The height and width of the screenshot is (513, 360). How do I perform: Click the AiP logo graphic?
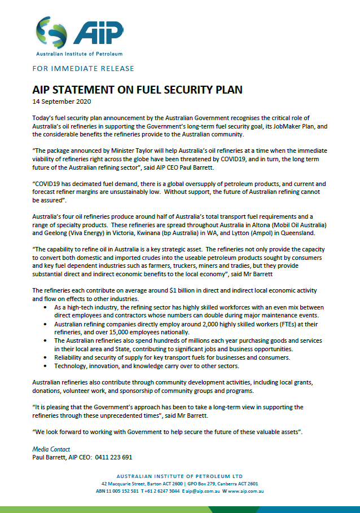pos(78,33)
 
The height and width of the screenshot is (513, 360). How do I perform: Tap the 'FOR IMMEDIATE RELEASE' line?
pos(84,69)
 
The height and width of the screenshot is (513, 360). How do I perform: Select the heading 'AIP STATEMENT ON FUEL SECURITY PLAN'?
pos(137,90)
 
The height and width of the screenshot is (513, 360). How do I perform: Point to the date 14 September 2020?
pos(62,101)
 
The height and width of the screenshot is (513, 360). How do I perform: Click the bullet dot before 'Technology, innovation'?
pos(46,366)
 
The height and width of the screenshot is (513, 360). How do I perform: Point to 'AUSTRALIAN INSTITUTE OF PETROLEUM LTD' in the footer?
pos(180,476)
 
